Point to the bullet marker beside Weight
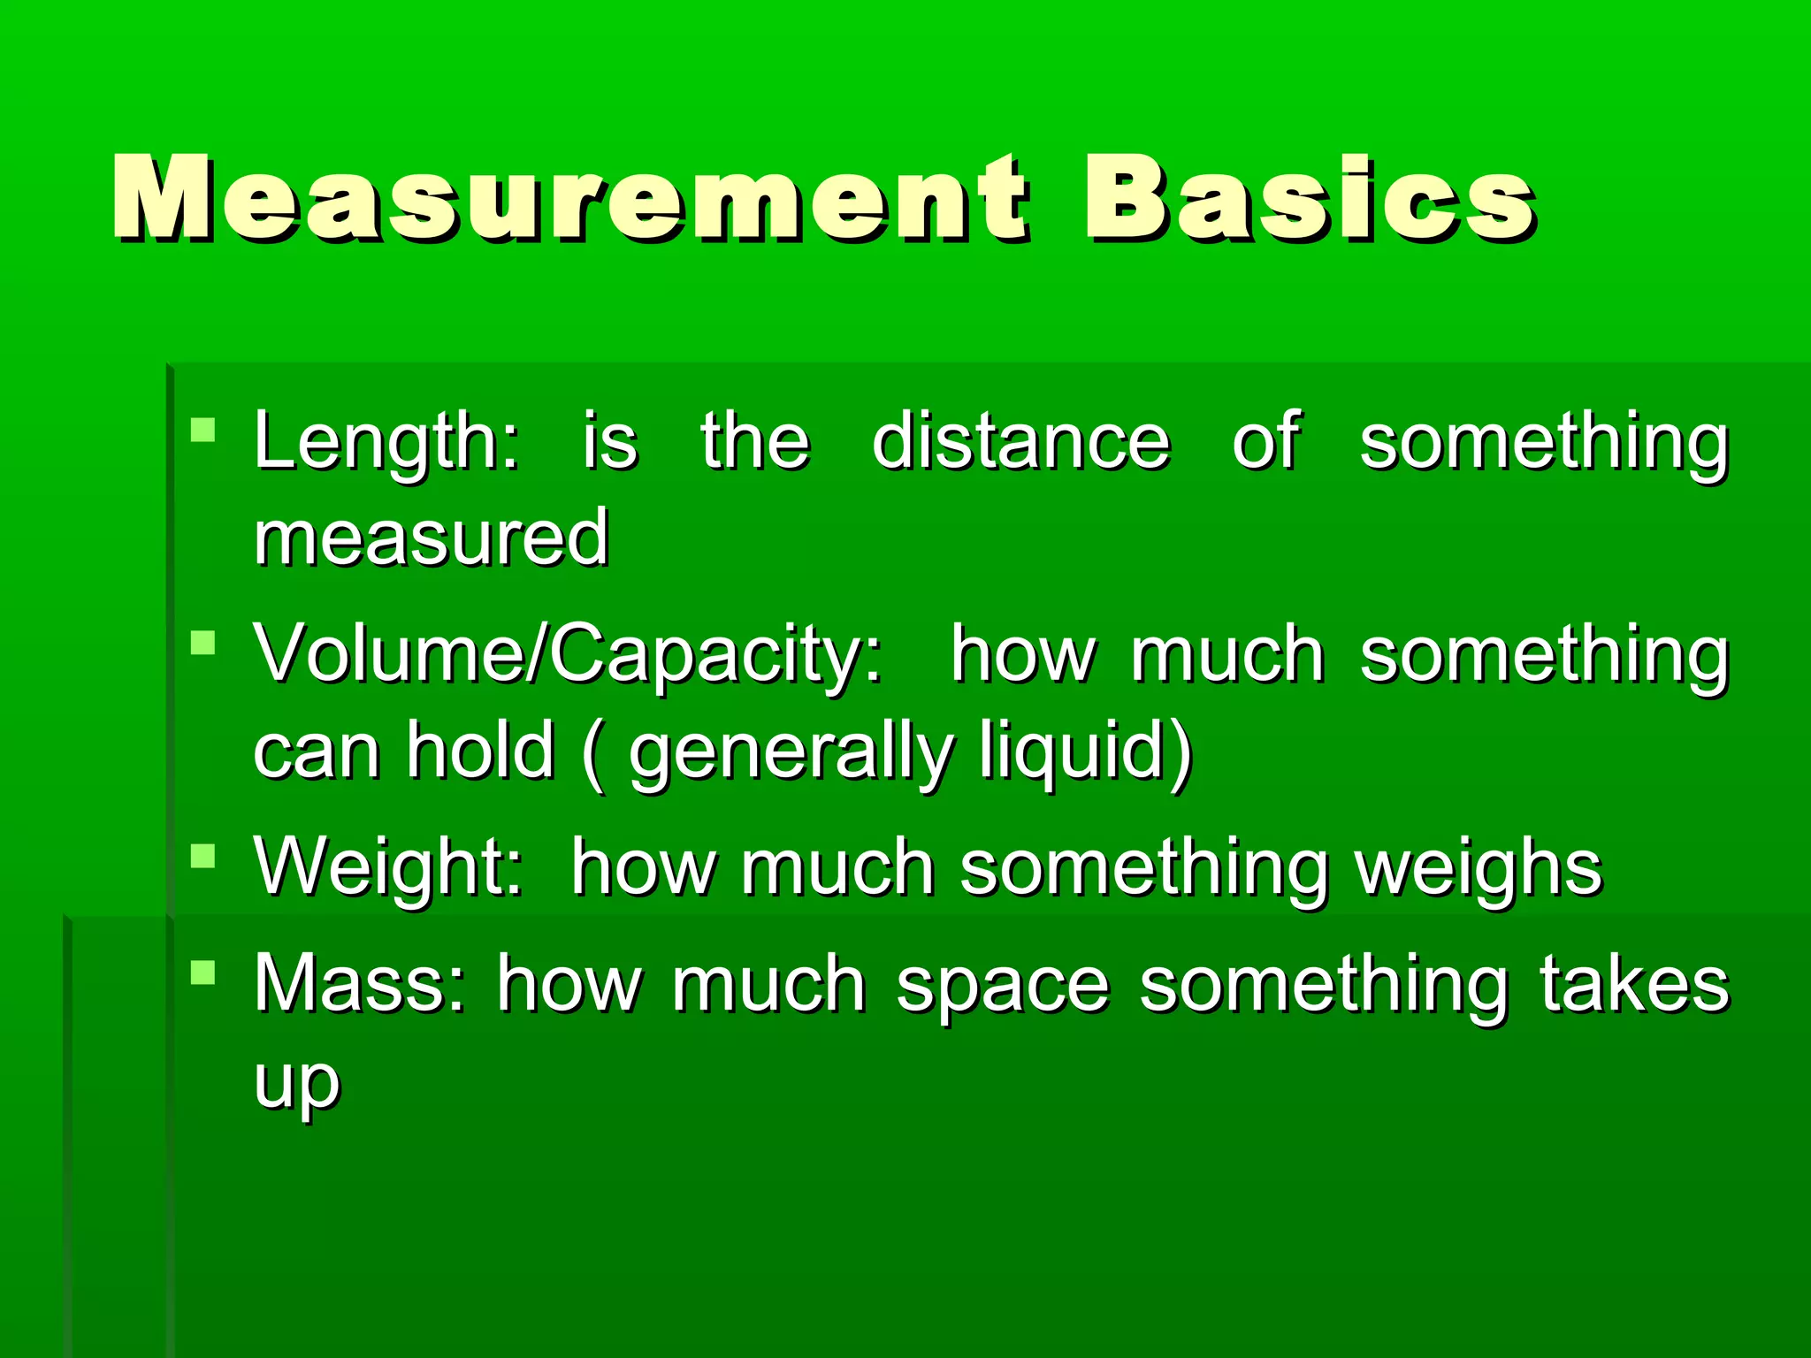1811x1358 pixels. (203, 856)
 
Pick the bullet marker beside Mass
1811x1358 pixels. (203, 973)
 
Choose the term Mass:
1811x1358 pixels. (359, 985)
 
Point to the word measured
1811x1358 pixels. (432, 538)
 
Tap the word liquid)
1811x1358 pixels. (1086, 751)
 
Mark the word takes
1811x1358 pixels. (1634, 983)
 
